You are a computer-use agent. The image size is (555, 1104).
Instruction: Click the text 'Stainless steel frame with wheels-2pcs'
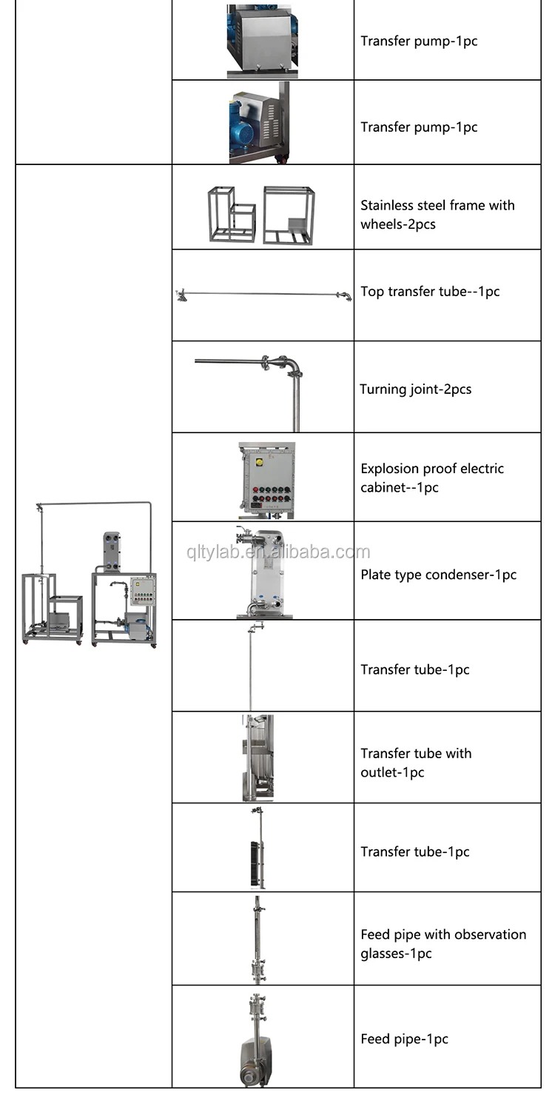[437, 215]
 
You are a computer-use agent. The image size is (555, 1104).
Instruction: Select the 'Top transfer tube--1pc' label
[430, 292]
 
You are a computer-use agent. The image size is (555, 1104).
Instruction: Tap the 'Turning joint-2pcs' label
[415, 389]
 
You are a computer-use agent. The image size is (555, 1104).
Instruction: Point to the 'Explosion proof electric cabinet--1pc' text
[432, 478]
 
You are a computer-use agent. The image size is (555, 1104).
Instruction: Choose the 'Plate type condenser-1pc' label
[438, 575]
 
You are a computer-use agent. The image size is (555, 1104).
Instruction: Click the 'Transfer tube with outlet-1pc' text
[416, 763]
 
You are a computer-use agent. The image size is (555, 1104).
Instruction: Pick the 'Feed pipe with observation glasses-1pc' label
[443, 944]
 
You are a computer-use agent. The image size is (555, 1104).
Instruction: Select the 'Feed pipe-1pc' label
[404, 1039]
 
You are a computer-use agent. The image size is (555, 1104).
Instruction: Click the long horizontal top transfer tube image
[263, 294]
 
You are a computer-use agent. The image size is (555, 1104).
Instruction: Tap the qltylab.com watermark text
[277, 552]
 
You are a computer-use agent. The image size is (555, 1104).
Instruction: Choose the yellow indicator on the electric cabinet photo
[259, 462]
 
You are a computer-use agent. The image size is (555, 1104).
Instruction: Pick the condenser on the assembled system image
[112, 552]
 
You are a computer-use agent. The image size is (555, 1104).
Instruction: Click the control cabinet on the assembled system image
[142, 591]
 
